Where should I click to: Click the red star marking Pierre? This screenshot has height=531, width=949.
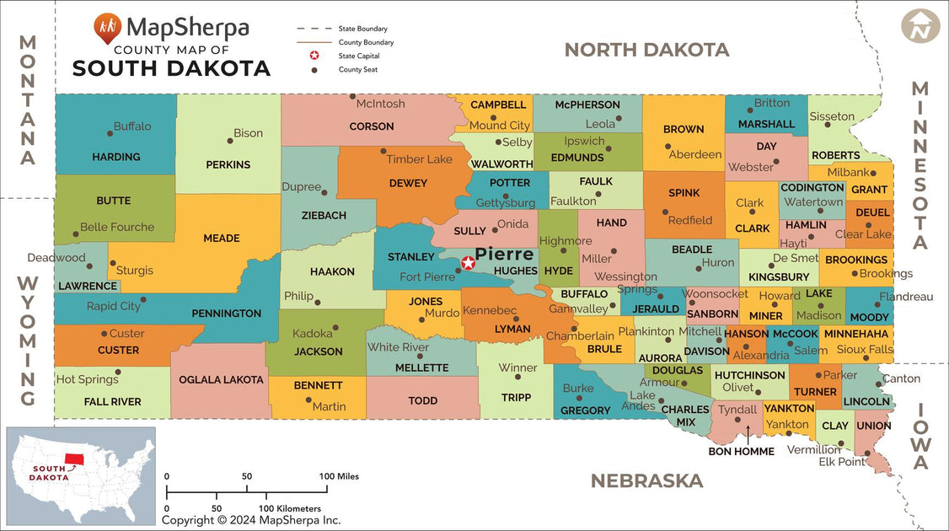point(469,263)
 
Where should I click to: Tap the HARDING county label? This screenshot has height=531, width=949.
point(116,157)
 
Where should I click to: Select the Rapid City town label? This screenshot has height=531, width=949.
point(114,306)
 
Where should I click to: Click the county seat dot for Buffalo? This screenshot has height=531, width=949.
point(110,133)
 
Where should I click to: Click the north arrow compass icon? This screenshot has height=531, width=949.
point(920,25)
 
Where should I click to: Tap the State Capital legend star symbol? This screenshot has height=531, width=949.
point(314,56)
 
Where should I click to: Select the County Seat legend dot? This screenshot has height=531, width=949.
point(314,70)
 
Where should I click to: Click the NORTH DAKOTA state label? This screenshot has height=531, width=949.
point(646,50)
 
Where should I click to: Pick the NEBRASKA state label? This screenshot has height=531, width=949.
point(646,480)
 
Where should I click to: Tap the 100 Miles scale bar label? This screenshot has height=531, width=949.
point(339,476)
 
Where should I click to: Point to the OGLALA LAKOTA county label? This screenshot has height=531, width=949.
point(221,379)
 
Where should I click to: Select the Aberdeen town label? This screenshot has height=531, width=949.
point(695,154)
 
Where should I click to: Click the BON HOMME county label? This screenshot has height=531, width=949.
point(741,451)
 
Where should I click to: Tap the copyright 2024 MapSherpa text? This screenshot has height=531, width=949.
point(251,520)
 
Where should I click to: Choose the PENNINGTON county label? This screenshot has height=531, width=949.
point(226,314)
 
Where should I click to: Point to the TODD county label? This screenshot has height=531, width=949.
point(423,400)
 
